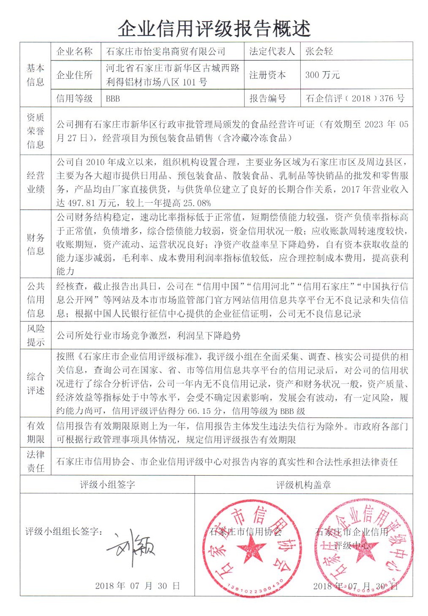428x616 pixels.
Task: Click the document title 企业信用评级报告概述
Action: [214, 29]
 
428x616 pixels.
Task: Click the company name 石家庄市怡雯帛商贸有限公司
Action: [166, 51]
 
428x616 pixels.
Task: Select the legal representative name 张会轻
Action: [319, 51]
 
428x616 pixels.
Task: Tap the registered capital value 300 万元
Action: [322, 75]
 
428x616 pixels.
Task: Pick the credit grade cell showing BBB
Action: [113, 99]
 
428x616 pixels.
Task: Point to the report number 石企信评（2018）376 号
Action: [355, 99]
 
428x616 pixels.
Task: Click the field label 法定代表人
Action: [272, 51]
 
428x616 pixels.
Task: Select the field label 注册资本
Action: [267, 75]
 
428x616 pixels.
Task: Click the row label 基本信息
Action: [35, 75]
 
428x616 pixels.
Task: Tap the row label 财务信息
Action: [35, 244]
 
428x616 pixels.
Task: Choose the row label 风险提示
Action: [35, 335]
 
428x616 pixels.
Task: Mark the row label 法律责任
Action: [35, 461]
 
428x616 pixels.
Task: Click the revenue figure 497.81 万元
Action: [86, 203]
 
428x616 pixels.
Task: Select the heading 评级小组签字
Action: [107, 485]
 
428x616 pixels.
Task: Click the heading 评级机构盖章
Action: [303, 485]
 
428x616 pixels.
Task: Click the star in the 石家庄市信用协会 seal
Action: [251, 548]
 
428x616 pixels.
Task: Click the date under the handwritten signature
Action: [137, 586]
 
